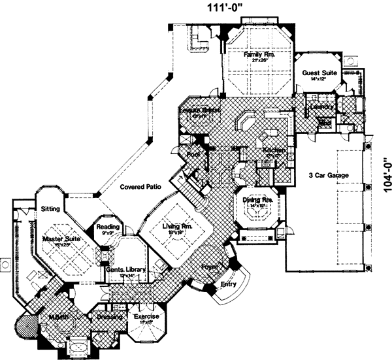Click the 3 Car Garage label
329,176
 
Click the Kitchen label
273,150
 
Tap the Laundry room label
324,106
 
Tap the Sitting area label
50,209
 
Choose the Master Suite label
61,240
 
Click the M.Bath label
59,318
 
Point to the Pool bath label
193,154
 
